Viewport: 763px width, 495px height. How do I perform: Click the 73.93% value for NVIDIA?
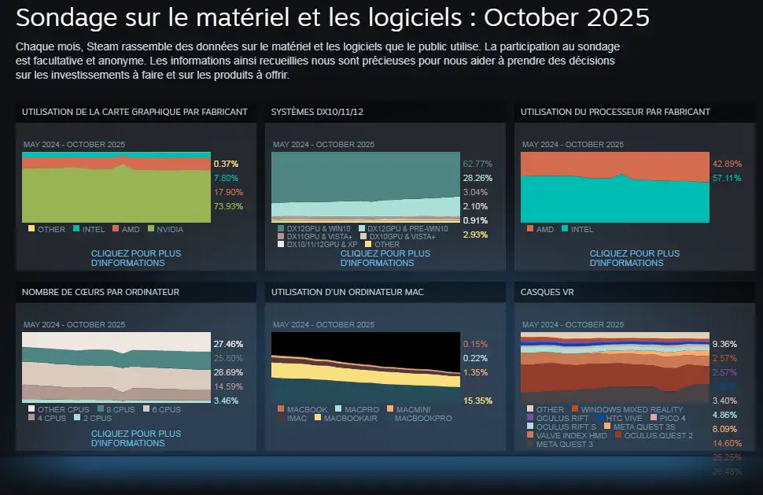click(228, 206)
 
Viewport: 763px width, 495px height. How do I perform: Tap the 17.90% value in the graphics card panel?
click(228, 192)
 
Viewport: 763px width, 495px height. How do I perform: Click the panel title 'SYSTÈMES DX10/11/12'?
click(317, 112)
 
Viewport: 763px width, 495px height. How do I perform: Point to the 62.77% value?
click(477, 164)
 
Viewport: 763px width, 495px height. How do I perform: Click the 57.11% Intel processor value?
click(726, 178)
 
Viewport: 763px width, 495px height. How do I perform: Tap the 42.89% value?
click(726, 164)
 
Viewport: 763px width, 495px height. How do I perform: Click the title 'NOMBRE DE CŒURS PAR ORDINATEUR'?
click(101, 292)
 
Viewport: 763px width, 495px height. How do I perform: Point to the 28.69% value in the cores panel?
click(228, 372)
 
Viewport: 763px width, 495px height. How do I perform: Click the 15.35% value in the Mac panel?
click(477, 401)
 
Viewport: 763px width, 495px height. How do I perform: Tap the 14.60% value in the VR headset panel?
click(726, 443)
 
